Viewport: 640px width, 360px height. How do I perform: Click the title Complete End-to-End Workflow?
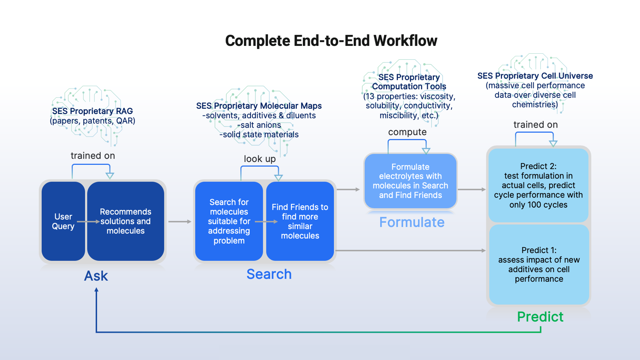(x=331, y=41)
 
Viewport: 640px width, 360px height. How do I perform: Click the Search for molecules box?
(x=229, y=221)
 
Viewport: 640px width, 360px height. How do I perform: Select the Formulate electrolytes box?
(x=410, y=181)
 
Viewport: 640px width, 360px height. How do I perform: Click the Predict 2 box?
(x=538, y=185)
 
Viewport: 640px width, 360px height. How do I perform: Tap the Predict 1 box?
(x=539, y=264)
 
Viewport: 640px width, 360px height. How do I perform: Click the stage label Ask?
(x=96, y=276)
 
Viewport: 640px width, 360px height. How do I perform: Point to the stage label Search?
(x=269, y=274)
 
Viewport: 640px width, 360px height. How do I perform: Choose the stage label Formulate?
(x=412, y=222)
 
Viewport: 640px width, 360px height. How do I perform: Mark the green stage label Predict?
(x=540, y=317)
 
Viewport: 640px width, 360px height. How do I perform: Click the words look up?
(x=260, y=159)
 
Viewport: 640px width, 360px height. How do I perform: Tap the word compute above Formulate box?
(x=407, y=132)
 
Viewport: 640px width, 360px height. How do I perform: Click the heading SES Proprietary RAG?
(x=92, y=111)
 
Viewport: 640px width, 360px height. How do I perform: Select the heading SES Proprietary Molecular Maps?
(x=259, y=106)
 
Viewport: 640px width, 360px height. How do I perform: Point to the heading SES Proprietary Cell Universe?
(x=535, y=76)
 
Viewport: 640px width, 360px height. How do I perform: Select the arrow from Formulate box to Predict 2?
(x=471, y=189)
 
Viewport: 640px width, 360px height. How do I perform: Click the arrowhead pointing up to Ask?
(x=96, y=290)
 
